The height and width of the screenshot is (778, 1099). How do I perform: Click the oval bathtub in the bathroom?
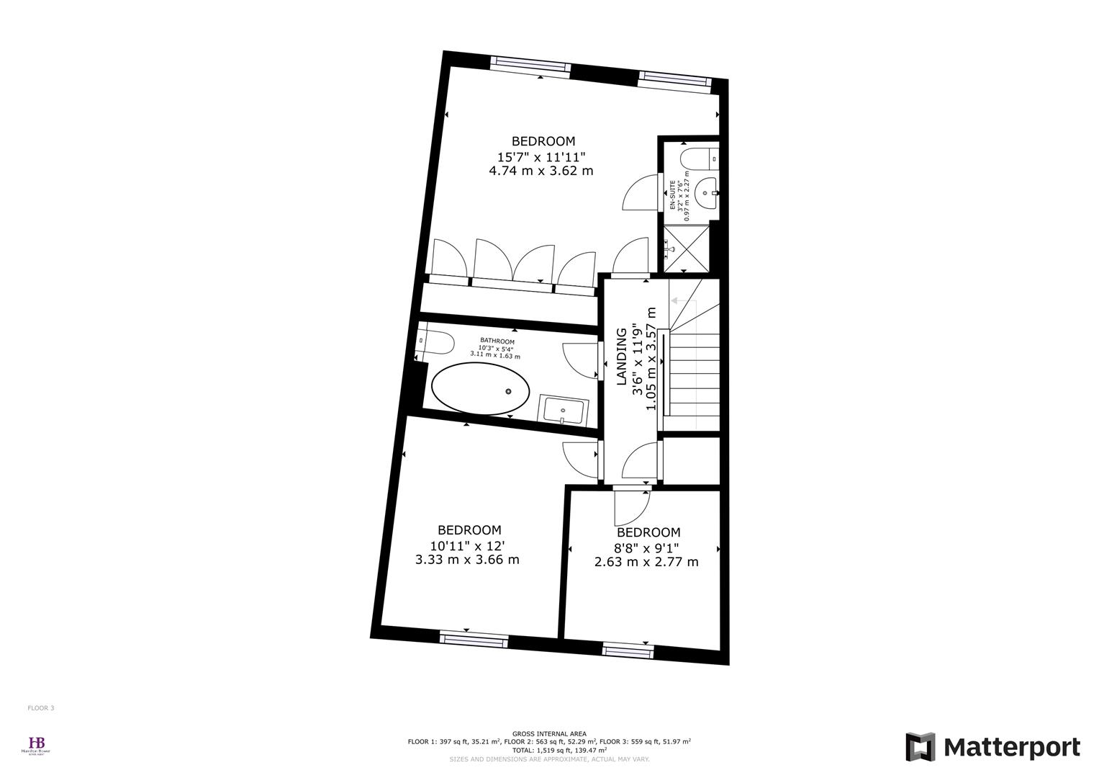pos(480,389)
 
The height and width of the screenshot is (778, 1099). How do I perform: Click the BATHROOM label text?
pos(497,341)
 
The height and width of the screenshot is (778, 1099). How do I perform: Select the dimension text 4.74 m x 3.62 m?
pos(541,171)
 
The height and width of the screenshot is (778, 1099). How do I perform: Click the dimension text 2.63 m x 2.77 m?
pos(646,562)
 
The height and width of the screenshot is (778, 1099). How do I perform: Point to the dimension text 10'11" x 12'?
pos(467,545)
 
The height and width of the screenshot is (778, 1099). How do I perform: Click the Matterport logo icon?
pos(920,747)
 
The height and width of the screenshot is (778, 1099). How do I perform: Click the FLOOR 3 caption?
pos(41,708)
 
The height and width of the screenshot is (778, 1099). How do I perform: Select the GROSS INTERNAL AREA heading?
pos(549,733)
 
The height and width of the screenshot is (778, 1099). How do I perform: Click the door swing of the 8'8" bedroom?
pos(630,508)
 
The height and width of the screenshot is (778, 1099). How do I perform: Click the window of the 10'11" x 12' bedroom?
pos(473,638)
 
